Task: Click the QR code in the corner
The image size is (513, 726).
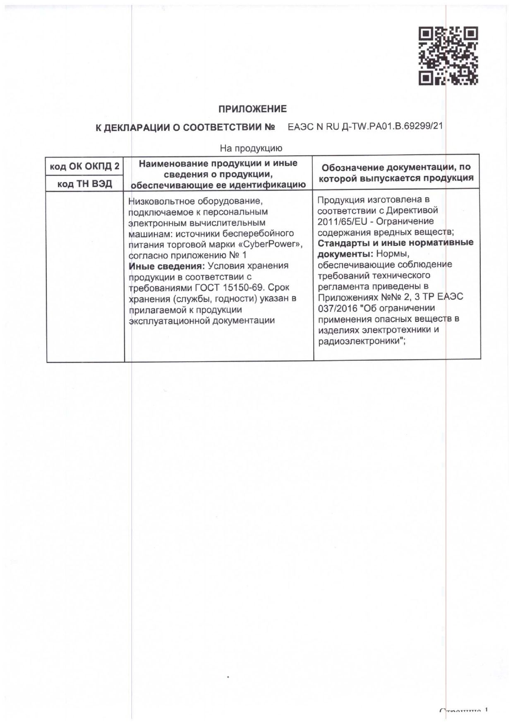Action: [449, 56]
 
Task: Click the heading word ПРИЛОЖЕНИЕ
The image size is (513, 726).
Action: [252, 109]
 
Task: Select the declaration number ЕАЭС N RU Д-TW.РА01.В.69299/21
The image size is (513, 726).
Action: [365, 127]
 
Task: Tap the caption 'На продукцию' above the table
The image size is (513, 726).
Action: [251, 148]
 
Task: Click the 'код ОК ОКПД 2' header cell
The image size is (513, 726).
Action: [85, 166]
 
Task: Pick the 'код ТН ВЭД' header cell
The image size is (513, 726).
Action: [85, 184]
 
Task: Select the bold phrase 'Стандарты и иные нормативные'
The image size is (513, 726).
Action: [396, 242]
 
